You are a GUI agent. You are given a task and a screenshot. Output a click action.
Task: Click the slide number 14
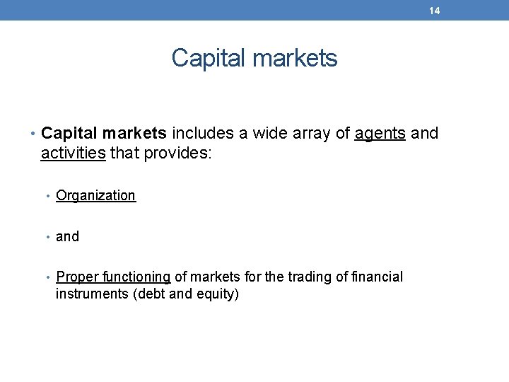pos(434,11)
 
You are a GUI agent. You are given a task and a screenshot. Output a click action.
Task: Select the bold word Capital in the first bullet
pos(68,133)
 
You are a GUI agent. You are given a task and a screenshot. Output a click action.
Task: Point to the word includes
pos(201,133)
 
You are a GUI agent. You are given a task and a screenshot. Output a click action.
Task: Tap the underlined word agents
pos(380,133)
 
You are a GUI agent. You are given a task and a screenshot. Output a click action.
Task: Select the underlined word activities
pos(73,153)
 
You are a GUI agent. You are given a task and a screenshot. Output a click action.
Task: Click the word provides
pos(177,153)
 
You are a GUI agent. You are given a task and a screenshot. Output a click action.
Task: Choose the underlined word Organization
pos(95,196)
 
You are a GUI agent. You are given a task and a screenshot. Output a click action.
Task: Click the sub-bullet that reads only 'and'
pos(67,237)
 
